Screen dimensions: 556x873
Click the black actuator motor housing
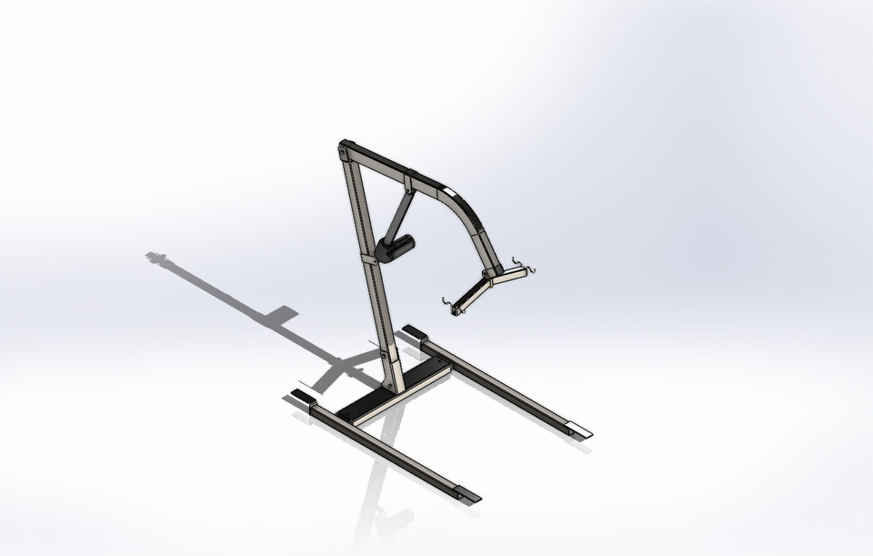click(x=396, y=247)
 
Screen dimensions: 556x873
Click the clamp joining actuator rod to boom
click(x=408, y=185)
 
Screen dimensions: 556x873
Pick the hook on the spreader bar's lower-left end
click(x=448, y=307)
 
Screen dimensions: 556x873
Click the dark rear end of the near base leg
click(x=301, y=397)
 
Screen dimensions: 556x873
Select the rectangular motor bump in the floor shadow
click(x=282, y=316)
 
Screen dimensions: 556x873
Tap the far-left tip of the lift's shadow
click(x=156, y=258)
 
